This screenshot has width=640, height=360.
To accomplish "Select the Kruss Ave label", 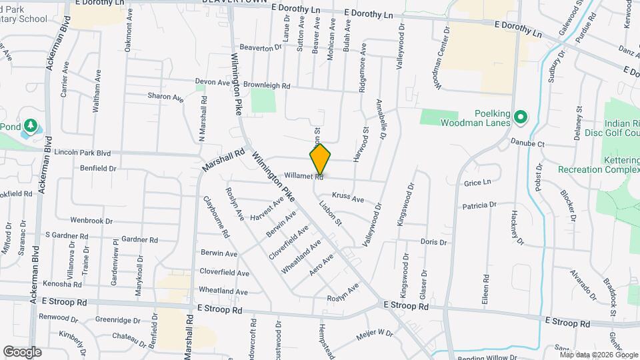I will tap(348, 199).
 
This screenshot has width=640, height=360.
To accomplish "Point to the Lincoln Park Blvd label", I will tap(82, 152).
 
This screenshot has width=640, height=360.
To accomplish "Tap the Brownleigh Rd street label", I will tap(267, 85).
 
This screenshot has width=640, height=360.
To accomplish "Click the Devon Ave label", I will tap(212, 82).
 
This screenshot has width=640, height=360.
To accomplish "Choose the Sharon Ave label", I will tap(165, 97).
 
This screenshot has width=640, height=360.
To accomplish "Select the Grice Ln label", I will tap(477, 182).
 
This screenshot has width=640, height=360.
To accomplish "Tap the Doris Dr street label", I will tap(433, 241).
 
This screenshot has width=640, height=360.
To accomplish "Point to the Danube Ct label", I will tap(527, 143).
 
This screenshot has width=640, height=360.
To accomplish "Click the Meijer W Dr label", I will tap(375, 333).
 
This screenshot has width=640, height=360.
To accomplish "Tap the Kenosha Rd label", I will tap(61, 283).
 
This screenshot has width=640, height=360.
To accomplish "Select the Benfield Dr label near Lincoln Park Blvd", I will tap(98, 169).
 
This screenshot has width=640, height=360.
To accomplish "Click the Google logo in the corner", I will tap(22, 351).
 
